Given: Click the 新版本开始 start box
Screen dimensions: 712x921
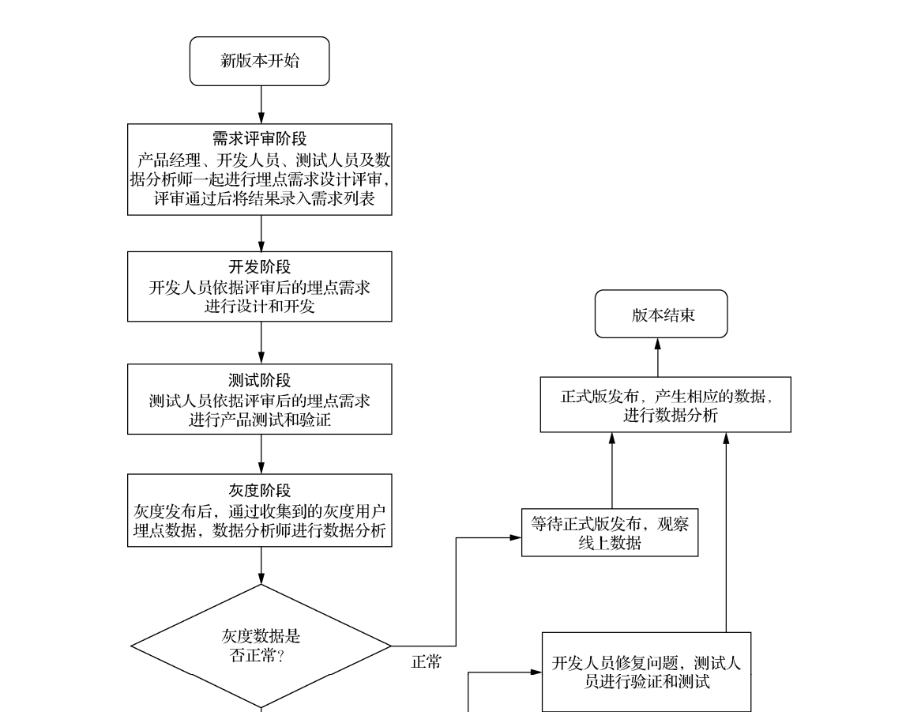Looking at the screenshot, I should tap(259, 61).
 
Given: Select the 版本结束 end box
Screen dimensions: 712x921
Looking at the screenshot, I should tap(660, 315).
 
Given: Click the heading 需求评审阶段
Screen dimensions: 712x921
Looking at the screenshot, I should tap(260, 140).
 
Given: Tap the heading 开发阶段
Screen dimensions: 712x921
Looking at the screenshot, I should tap(260, 268).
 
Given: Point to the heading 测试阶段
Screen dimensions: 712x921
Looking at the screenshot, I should tap(260, 380).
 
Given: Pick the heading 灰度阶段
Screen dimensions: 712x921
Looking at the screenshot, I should tap(260, 491).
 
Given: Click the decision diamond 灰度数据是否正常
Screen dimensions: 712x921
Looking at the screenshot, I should tap(261, 646).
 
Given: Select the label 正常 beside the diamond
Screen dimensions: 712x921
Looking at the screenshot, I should tap(427, 662).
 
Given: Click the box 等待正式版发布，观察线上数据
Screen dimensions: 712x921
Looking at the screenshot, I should tap(610, 533).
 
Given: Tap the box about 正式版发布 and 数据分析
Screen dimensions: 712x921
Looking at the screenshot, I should tap(665, 405).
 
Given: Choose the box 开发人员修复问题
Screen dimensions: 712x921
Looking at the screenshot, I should tap(646, 672).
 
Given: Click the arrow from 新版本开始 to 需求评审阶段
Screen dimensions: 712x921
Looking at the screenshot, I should tap(261, 104).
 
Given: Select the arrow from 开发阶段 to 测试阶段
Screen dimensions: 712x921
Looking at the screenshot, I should tap(261, 342).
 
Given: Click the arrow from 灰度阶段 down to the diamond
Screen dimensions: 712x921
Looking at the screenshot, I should tap(261, 565).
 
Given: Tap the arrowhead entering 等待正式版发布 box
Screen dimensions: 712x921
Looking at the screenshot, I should tap(515, 537).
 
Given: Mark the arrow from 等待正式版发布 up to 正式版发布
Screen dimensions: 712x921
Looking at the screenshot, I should tap(612, 471).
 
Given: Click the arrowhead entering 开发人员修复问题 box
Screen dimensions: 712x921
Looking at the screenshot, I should tap(535, 673).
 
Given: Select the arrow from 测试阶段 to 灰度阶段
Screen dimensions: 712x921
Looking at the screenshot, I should tap(261, 454).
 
